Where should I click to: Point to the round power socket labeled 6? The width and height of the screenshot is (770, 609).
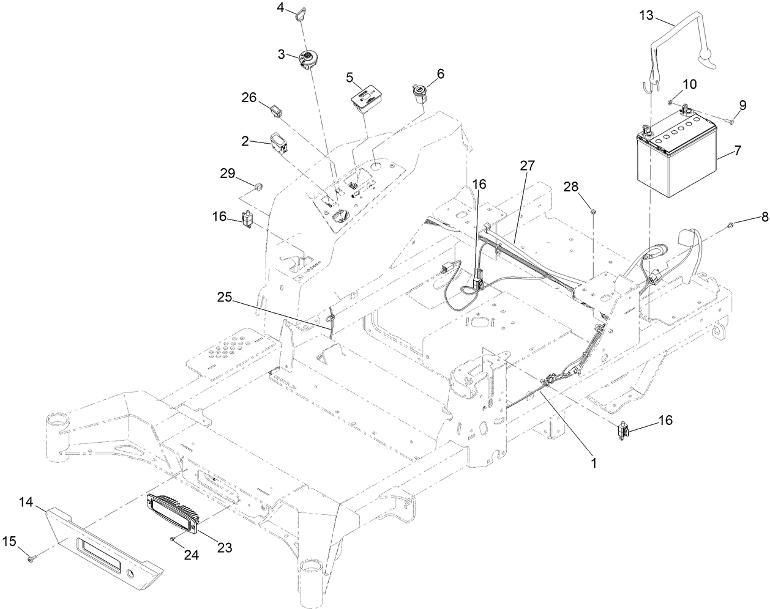coord(419,95)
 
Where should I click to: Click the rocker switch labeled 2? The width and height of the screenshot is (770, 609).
coord(282,146)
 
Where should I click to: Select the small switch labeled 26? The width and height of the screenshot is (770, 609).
coord(276,111)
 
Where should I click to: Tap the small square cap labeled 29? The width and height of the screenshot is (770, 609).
coord(259,184)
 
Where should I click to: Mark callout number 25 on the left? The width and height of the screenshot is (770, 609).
coord(225,297)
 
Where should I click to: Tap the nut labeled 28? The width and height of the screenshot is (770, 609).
coord(594,212)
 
